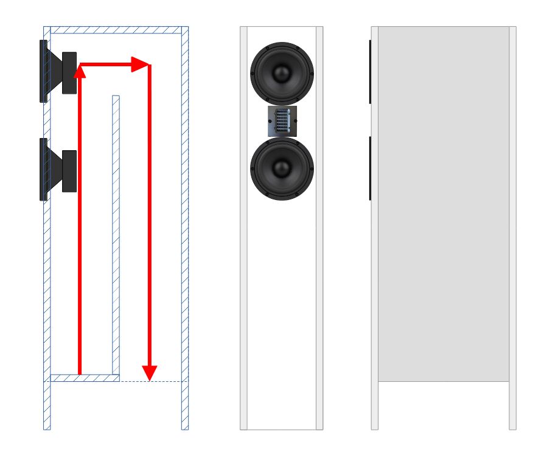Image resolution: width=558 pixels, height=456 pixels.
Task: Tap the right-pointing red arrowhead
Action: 141,64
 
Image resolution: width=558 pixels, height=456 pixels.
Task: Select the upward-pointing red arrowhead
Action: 79,72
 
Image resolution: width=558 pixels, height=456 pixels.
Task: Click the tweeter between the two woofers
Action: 282,121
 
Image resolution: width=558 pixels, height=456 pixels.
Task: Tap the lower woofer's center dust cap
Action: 281,168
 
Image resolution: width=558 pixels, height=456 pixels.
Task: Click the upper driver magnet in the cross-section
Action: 69,73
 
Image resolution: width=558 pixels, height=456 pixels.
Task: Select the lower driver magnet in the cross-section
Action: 69,171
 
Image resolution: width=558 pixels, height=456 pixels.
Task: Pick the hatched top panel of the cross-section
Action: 116,30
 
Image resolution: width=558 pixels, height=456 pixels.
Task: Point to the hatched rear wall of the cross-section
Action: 185,231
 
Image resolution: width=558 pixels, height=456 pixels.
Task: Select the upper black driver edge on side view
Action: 370,72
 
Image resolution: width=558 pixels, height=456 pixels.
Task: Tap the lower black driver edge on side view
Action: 370,168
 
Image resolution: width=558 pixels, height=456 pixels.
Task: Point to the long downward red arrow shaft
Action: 149,219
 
